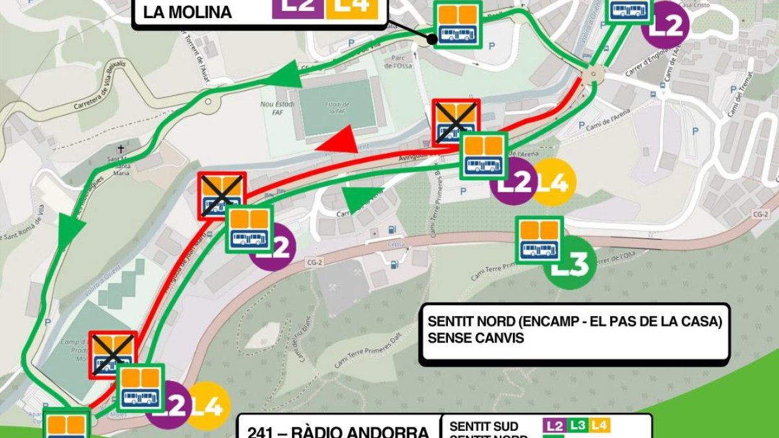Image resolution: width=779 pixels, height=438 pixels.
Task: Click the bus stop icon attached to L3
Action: point(539,239)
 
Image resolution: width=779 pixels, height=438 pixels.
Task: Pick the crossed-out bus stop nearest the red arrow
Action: point(456,121)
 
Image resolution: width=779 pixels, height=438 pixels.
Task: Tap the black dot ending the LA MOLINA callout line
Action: point(432,40)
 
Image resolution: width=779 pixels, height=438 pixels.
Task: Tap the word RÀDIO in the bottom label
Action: point(325,430)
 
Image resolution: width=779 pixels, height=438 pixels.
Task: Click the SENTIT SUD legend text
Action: point(484,426)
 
